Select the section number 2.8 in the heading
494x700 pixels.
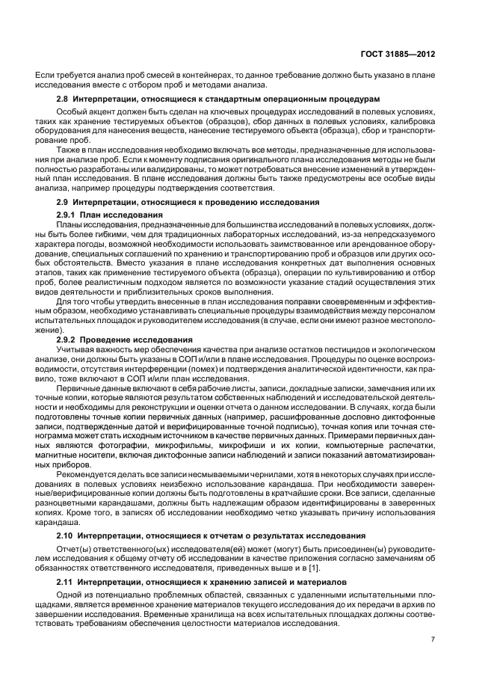pyautogui.click(x=64, y=99)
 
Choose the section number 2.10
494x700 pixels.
pyautogui.click(x=67, y=536)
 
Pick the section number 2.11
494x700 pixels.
pyautogui.click(x=67, y=582)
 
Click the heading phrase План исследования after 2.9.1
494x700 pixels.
pyautogui.click(x=120, y=214)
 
